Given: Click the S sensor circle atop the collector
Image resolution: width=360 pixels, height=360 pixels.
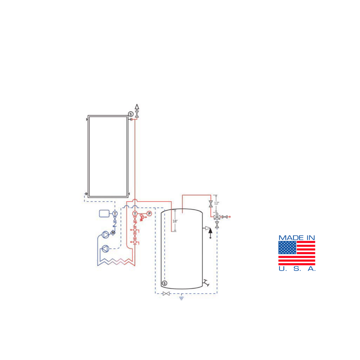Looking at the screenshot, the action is tap(131, 114).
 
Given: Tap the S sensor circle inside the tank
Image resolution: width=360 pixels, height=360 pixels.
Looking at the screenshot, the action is tap(164, 283).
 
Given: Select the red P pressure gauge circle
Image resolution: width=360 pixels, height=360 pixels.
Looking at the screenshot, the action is tap(149, 214).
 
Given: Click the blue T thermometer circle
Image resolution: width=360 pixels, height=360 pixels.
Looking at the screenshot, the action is tap(115, 214).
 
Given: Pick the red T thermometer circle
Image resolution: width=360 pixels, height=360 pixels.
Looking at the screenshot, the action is tap(135, 214).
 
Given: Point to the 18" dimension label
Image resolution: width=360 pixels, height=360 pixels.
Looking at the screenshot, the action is tap(175, 221).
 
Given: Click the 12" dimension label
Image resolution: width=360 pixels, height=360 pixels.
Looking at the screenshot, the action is tap(217, 203).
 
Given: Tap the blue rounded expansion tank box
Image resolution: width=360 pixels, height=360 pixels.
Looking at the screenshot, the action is tap(104, 214).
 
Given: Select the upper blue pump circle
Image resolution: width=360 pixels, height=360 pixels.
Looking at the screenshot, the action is tap(105, 235).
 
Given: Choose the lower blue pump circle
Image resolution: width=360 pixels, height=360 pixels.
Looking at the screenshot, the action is tap(105, 249).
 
